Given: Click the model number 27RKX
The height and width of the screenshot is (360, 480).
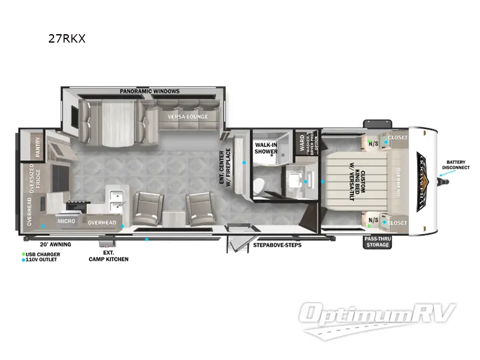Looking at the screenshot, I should pos(67,40).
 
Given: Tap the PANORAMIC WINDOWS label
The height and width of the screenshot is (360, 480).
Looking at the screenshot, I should pos(149,91).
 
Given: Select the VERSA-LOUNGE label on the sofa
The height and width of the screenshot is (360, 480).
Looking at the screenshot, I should pos(187,116).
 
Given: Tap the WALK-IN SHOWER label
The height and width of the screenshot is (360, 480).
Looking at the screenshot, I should pos(266,148).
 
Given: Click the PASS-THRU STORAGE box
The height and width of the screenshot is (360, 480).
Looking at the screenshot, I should pos(379,241).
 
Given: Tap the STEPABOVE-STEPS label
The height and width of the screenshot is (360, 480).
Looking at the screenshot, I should pos(277,245).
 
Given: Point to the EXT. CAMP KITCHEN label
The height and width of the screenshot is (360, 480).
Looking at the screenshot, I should pos(109,256).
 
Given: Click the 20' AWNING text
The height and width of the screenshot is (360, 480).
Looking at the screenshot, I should pos(55,245).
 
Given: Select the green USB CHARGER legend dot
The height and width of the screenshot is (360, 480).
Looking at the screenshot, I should pos(25,254).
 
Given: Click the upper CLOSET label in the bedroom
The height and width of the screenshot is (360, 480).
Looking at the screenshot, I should pos(397,137).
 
